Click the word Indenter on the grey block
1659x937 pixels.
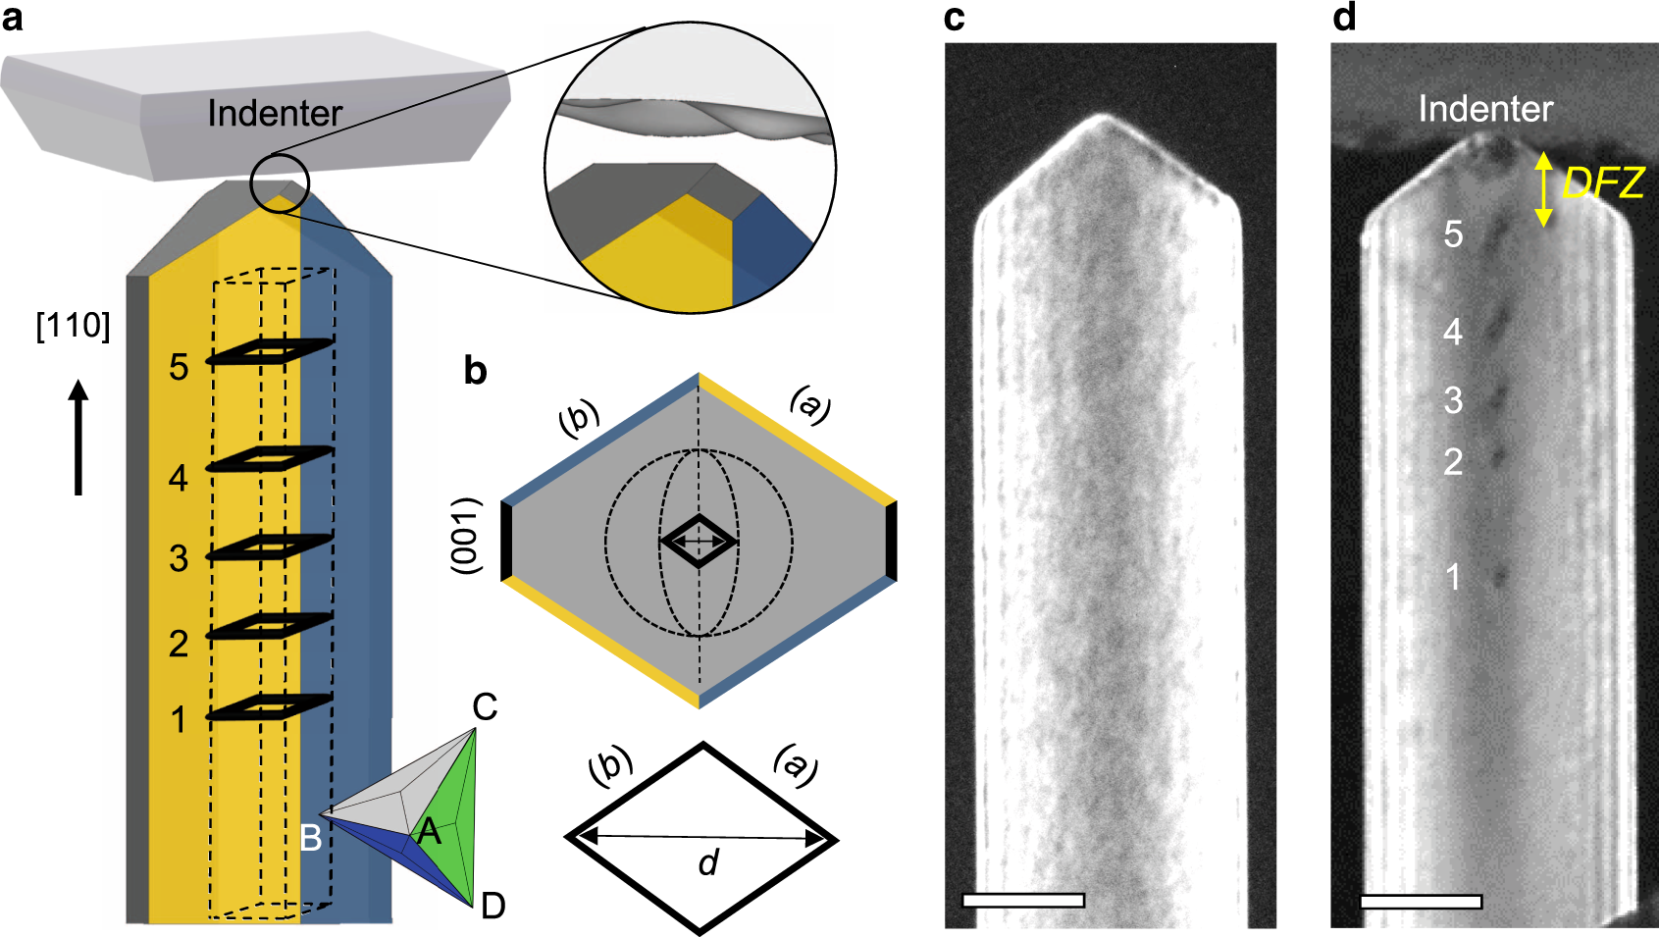(275, 114)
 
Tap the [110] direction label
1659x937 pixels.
(73, 326)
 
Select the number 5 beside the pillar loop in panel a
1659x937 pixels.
(179, 368)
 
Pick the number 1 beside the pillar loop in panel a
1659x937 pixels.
(179, 720)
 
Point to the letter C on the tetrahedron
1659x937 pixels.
(485, 706)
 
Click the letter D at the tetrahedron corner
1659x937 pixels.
(493, 906)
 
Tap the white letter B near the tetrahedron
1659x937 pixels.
(310, 838)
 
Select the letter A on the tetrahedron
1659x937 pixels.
(429, 832)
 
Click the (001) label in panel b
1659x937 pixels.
(468, 536)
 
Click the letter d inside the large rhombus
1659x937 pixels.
(708, 862)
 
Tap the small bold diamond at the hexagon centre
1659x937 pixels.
(699, 541)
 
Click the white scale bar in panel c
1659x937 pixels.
(1023, 900)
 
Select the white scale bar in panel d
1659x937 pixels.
(1421, 901)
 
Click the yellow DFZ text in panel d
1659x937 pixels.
(1603, 183)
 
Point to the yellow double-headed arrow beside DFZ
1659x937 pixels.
(1543, 189)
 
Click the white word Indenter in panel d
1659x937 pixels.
(1485, 109)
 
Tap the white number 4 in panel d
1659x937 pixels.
(1453, 332)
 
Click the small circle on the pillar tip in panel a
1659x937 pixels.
(280, 182)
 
